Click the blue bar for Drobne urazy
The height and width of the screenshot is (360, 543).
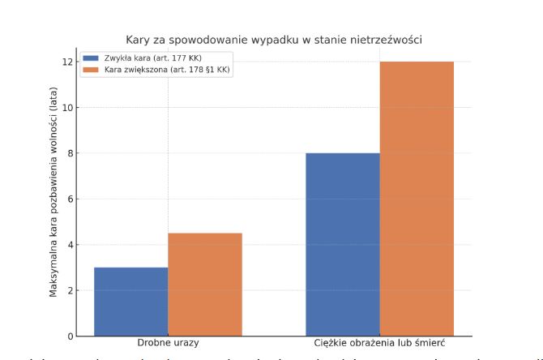pos(131,302)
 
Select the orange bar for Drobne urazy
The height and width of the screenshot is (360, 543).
pos(205,285)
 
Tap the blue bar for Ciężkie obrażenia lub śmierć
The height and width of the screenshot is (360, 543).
pos(343,244)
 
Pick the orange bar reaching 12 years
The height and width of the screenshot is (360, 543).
pos(417,199)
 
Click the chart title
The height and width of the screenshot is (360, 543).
pos(274,39)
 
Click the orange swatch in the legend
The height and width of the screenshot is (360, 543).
pos(91,71)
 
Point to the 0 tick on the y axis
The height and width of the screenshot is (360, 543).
pos(69,336)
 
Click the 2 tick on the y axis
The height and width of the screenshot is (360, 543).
pos(69,290)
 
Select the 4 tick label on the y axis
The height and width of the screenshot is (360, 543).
pos(69,245)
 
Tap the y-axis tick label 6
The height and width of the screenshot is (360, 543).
pos(69,199)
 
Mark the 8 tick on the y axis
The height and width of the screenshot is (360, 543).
pos(69,153)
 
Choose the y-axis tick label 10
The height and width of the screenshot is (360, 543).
pos(66,107)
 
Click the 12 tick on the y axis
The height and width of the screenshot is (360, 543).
pos(66,62)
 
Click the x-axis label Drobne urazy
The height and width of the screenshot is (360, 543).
pos(168,345)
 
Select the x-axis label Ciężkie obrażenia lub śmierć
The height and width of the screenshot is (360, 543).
pos(380,345)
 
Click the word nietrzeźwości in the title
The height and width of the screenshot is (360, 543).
pos(389,39)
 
